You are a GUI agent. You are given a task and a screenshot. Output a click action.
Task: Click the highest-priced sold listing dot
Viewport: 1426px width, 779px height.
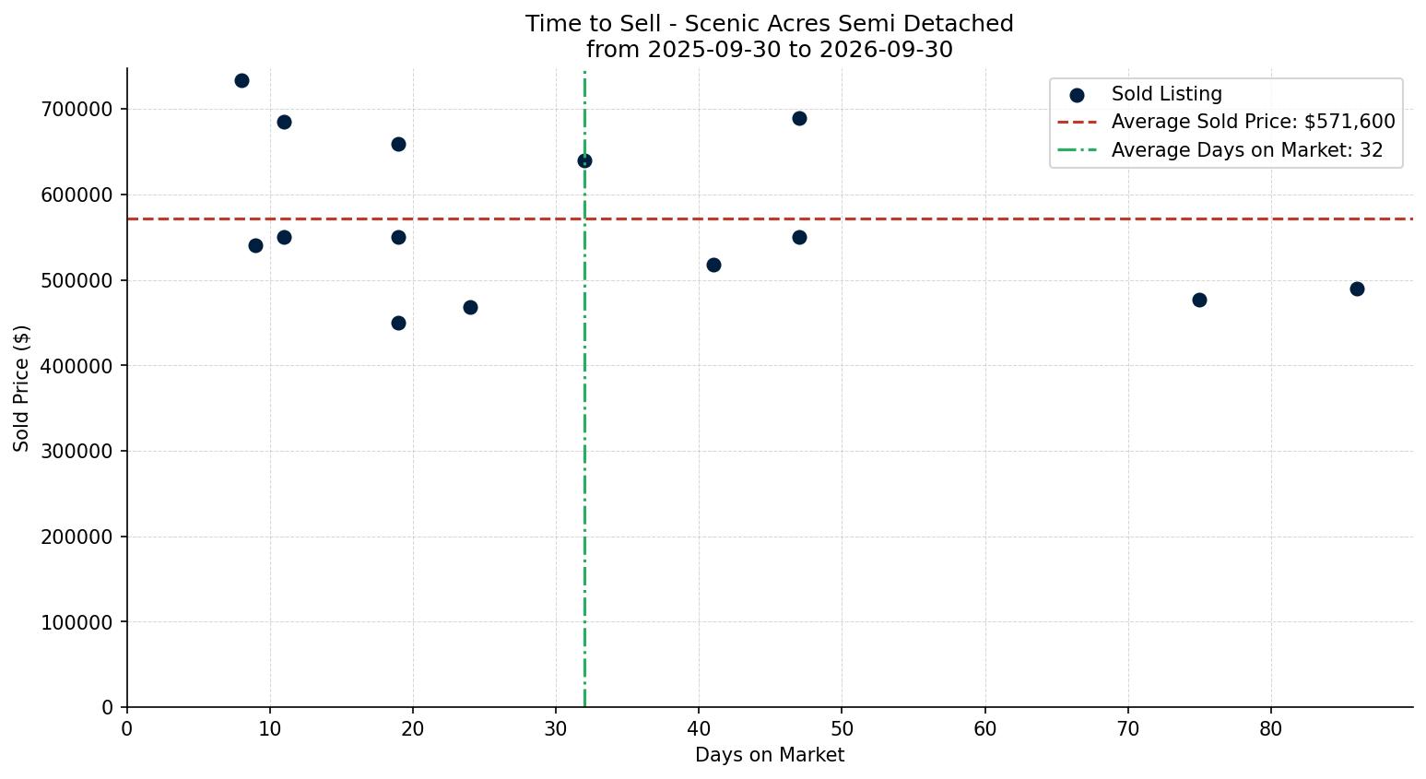[x=242, y=81]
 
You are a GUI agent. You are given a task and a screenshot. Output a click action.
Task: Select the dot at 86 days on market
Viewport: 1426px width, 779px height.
[x=1357, y=289]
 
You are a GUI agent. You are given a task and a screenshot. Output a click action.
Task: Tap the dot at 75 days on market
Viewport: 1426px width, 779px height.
[x=1199, y=300]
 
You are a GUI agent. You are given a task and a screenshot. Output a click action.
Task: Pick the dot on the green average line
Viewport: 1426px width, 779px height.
[x=584, y=161]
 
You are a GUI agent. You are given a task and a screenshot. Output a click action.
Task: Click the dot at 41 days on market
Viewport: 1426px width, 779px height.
[x=713, y=265]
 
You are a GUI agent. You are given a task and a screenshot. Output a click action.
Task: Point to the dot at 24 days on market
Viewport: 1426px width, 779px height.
[x=470, y=307]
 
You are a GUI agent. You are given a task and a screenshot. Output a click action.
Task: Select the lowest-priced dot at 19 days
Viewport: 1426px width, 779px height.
[x=398, y=324]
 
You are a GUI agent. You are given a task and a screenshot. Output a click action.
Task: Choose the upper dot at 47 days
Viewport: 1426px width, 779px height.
[x=799, y=118]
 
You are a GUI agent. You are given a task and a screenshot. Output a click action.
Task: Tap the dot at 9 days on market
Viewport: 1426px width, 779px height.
[x=255, y=245]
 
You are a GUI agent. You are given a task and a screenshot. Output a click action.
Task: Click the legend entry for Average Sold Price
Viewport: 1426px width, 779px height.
[x=1226, y=122]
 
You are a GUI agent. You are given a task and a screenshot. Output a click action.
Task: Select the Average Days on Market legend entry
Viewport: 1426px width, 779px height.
[x=1220, y=150]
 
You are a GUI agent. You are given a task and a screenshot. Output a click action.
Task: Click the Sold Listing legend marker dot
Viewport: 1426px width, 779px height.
[x=1077, y=96]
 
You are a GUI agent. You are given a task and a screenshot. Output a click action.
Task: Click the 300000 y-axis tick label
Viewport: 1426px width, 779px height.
[x=77, y=451]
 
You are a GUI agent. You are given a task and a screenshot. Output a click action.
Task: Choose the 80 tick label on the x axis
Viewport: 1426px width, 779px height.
[x=1270, y=728]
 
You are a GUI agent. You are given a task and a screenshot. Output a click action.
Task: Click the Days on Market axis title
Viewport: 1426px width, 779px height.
[x=770, y=755]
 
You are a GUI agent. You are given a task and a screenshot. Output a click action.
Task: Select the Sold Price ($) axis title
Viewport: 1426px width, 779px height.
[x=21, y=388]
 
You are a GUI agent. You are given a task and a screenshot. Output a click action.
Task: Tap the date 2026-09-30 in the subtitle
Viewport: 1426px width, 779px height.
[x=886, y=49]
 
